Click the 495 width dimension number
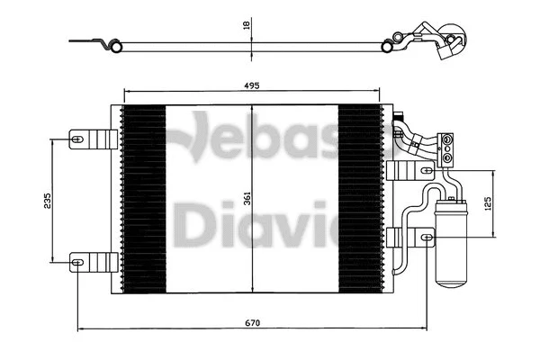(251, 85)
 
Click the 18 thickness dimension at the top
(246, 27)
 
